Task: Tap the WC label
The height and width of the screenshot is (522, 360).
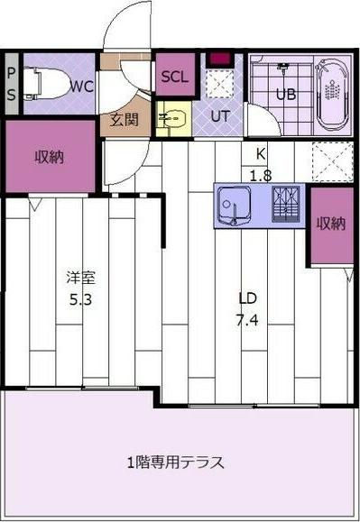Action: [80, 87]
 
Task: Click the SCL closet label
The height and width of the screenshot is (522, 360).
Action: [173, 77]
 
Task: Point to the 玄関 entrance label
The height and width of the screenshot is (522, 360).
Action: [125, 119]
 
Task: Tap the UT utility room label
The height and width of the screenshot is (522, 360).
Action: [220, 115]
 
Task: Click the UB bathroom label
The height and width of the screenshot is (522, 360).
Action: [285, 95]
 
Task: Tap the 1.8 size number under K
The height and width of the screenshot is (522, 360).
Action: [261, 175]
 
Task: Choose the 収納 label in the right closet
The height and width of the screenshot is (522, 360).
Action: [330, 224]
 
